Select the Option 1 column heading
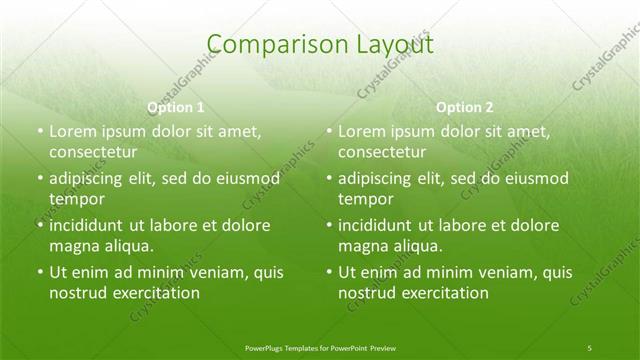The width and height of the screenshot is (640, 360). [176, 107]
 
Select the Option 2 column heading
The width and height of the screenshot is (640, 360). [465, 107]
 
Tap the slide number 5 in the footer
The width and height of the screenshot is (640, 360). [589, 347]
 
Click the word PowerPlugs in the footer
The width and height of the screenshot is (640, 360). [265, 347]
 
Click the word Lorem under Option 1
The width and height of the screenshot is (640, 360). [71, 131]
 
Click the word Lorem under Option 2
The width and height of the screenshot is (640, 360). [361, 131]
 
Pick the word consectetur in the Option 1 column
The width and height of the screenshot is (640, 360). [93, 153]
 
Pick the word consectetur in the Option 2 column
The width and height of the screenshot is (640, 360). [383, 153]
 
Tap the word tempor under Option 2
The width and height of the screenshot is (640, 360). [362, 199]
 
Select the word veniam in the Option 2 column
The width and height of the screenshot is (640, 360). [490, 272]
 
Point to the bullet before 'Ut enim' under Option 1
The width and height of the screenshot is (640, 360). [38, 272]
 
